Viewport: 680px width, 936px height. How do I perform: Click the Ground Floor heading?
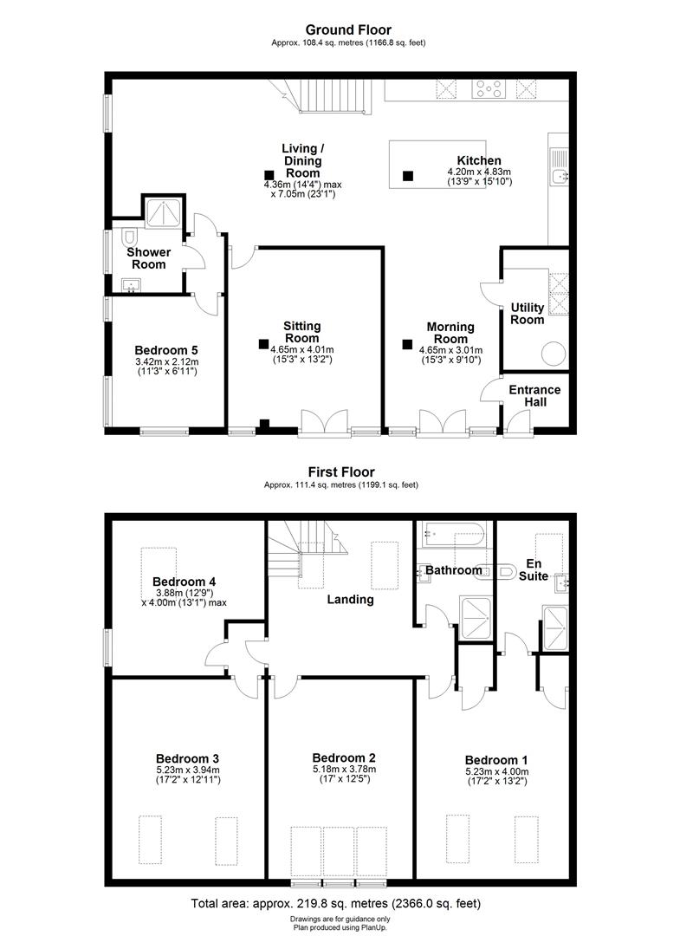click(341, 30)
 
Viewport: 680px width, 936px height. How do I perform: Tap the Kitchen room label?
click(479, 161)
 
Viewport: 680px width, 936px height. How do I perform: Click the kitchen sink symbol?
click(560, 176)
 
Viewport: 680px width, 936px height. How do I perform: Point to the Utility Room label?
click(528, 314)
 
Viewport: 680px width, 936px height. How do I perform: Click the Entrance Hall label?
click(534, 396)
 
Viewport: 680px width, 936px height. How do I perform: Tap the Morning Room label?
click(450, 333)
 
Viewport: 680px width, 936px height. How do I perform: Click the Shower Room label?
click(149, 258)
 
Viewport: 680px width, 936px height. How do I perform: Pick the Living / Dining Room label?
click(303, 161)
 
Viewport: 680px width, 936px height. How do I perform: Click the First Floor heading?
click(341, 472)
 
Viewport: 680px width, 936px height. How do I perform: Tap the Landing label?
click(350, 599)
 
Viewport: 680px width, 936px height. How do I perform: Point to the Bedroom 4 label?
click(184, 582)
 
